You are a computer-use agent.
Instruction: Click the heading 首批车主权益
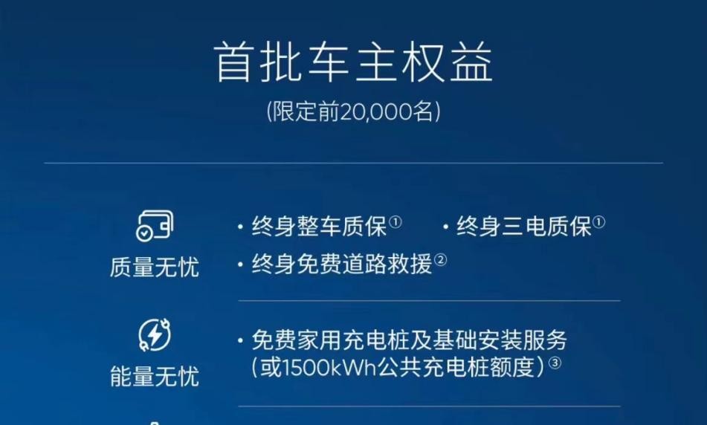coord(353,62)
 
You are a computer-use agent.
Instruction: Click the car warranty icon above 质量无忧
coord(154,225)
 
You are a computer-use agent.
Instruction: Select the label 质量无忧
coord(154,267)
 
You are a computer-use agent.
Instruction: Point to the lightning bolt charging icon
coord(154,335)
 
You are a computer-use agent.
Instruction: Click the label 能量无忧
coord(154,376)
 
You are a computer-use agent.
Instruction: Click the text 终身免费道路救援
coord(342,265)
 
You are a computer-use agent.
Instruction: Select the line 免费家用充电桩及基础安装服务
coord(409,341)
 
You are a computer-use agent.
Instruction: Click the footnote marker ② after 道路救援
coord(440,260)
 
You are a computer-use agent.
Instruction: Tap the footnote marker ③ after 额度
coord(554,364)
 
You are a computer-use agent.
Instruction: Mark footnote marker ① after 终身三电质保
coord(598,222)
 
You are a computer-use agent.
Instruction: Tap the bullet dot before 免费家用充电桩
coord(241,342)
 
